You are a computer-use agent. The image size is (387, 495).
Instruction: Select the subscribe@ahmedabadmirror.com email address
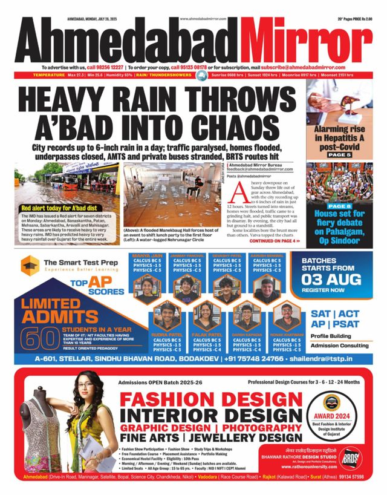tap(302, 67)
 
